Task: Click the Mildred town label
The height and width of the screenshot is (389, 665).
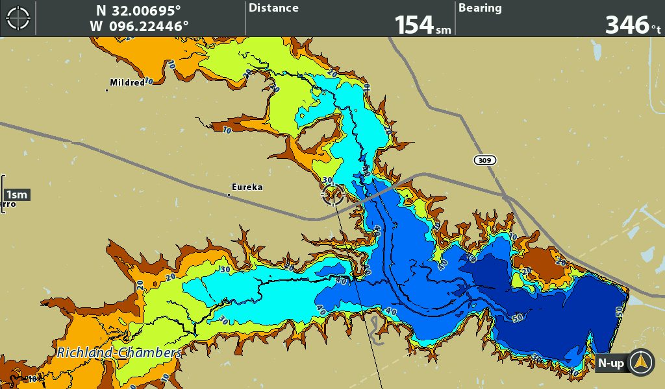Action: pyautogui.click(x=127, y=82)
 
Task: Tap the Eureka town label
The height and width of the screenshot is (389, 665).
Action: pyautogui.click(x=247, y=187)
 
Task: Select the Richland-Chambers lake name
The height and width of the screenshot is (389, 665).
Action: pyautogui.click(x=119, y=353)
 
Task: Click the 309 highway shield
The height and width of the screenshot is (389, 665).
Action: pyautogui.click(x=484, y=160)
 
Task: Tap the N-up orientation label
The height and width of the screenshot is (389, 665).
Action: pyautogui.click(x=611, y=364)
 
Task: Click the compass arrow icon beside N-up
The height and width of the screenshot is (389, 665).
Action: pyautogui.click(x=641, y=362)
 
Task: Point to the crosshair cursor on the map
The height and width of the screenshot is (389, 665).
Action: pyautogui.click(x=332, y=194)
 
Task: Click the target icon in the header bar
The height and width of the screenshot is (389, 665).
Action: pyautogui.click(x=18, y=18)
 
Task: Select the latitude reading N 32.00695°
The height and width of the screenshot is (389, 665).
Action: pyautogui.click(x=138, y=10)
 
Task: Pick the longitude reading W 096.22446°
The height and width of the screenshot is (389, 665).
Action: pyautogui.click(x=139, y=26)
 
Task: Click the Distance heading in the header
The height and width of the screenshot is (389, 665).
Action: pyautogui.click(x=273, y=8)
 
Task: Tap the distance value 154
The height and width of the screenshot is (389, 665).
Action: pyautogui.click(x=414, y=25)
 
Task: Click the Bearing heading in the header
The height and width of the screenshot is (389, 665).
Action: pyautogui.click(x=480, y=8)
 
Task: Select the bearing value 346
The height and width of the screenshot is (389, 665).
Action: pyautogui.click(x=626, y=25)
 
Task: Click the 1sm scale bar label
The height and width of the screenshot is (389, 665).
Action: pyautogui.click(x=16, y=194)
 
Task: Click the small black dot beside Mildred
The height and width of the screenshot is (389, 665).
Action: pyautogui.click(x=107, y=89)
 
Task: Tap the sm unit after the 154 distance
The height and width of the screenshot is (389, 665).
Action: pyautogui.click(x=443, y=29)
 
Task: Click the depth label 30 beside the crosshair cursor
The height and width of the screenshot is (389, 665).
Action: pyautogui.click(x=327, y=180)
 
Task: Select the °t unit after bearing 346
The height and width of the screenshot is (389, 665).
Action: pyautogui.click(x=656, y=28)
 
